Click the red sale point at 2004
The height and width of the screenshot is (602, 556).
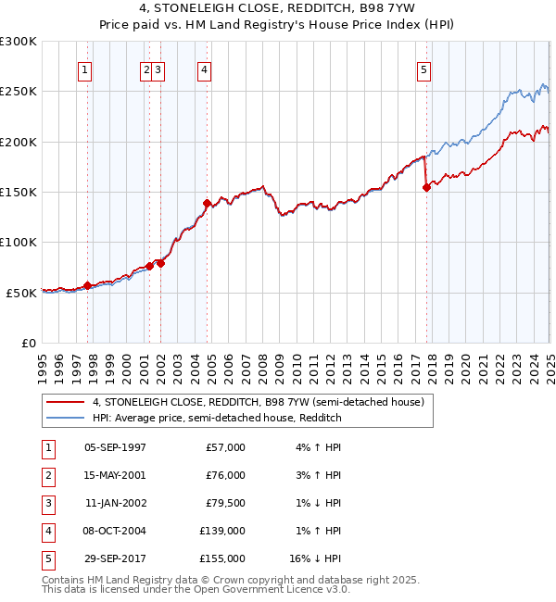(x=207, y=203)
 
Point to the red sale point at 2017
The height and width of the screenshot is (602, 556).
(x=427, y=187)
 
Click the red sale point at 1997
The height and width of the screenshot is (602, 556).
(x=87, y=285)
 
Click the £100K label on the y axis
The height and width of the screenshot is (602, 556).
(x=19, y=242)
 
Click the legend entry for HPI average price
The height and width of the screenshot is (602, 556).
(x=217, y=418)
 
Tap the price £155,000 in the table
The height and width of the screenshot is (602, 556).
(x=222, y=558)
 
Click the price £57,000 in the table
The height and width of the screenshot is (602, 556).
(x=226, y=447)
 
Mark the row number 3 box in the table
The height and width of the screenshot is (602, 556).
(x=47, y=503)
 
